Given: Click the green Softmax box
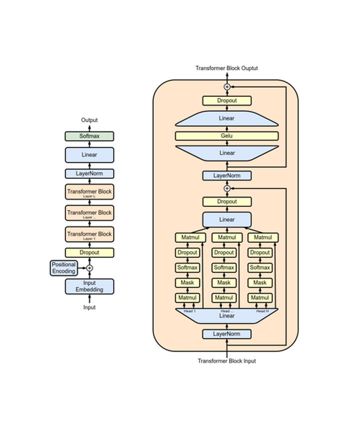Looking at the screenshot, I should pyautogui.click(x=89, y=136).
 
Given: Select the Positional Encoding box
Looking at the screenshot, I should pyautogui.click(x=63, y=268).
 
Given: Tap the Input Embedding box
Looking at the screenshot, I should pyautogui.click(x=89, y=286).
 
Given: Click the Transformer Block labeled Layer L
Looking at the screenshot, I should pyautogui.click(x=89, y=192).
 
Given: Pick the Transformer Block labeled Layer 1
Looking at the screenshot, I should pyautogui.click(x=89, y=235).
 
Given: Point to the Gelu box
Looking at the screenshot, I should pyautogui.click(x=226, y=136).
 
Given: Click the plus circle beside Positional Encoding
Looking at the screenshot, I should pyautogui.click(x=89, y=268).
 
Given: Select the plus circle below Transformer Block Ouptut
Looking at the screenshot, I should pyautogui.click(x=226, y=87).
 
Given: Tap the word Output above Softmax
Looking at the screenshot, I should pyautogui.click(x=89, y=120).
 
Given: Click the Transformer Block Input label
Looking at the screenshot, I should pyautogui.click(x=226, y=361).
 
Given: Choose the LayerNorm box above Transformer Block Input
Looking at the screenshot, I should pyautogui.click(x=226, y=334).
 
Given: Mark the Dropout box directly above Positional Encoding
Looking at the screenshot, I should pyautogui.click(x=89, y=253).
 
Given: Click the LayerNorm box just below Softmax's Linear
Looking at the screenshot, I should pyautogui.click(x=89, y=174).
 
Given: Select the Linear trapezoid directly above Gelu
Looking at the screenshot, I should pyautogui.click(x=226, y=119).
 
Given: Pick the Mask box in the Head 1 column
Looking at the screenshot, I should pyautogui.click(x=187, y=283).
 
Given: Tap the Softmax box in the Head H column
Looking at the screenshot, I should pyautogui.click(x=260, y=268).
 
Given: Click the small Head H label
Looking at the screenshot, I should pyautogui.click(x=261, y=311).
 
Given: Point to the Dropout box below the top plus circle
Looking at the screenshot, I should pyautogui.click(x=226, y=100).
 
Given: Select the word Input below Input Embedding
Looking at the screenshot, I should pyautogui.click(x=89, y=307).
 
